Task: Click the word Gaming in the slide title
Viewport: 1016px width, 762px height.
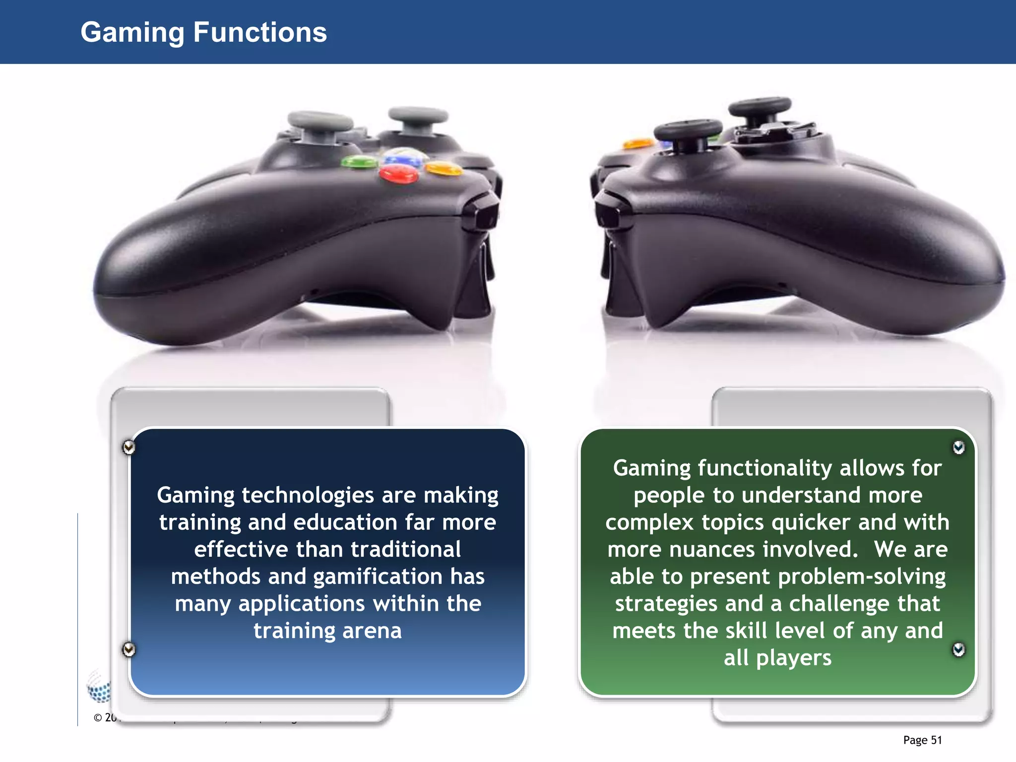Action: pos(132,33)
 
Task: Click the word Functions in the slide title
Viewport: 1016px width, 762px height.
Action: pos(260,33)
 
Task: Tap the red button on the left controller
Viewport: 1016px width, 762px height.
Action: pos(398,173)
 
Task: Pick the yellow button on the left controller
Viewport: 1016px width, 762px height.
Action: pos(444,169)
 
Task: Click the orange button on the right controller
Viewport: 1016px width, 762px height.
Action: pos(638,144)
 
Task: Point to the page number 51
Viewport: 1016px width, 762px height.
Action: pos(936,740)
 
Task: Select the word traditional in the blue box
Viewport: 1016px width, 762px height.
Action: pos(406,549)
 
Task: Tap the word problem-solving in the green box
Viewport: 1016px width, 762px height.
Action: pos(862,576)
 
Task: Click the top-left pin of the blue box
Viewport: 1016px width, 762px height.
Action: pos(128,447)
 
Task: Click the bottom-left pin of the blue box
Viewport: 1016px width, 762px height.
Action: pos(128,649)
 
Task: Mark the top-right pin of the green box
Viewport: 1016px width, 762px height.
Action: pos(958,447)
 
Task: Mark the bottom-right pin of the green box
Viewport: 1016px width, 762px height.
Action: pos(958,649)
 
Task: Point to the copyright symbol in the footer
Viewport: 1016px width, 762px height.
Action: pos(98,718)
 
